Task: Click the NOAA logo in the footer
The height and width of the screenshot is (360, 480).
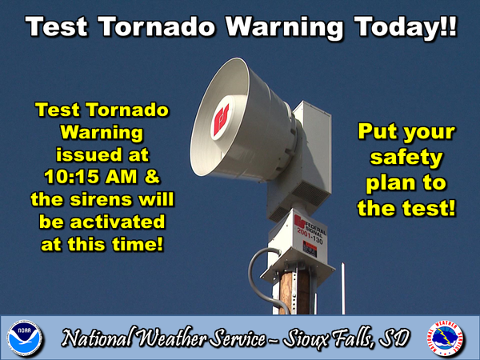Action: [25, 338]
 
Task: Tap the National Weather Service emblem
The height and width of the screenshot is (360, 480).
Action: [446, 338]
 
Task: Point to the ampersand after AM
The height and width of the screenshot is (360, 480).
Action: [152, 177]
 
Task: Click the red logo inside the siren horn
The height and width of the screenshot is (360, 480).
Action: [222, 119]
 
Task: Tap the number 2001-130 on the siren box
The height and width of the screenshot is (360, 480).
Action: [310, 238]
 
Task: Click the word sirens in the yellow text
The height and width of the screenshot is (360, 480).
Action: [102, 199]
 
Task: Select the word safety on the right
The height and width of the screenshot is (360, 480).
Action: [406, 158]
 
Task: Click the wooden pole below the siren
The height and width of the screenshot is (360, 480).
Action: [294, 292]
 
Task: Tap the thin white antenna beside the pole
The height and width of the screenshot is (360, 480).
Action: [343, 288]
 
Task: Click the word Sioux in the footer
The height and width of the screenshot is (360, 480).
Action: [306, 338]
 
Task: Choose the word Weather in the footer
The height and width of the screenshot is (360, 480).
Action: [172, 338]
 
